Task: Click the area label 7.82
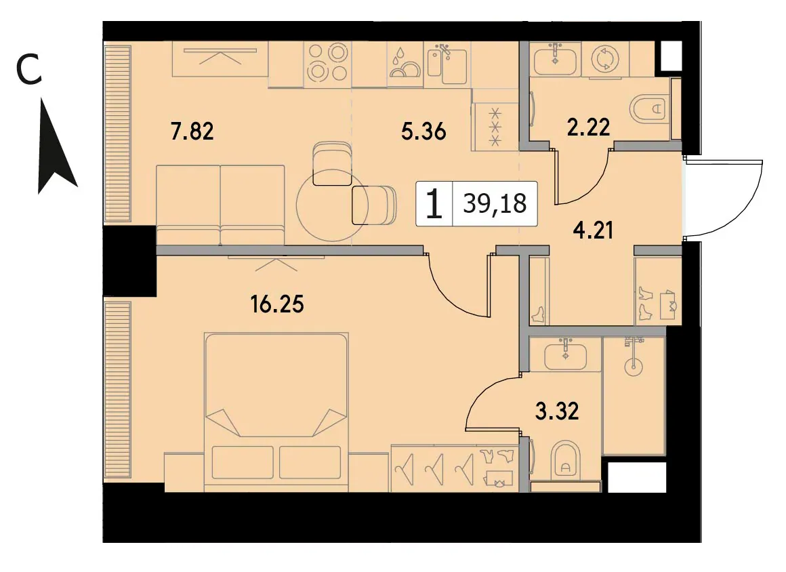tap(192, 131)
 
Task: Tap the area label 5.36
tap(423, 131)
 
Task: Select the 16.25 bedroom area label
tap(277, 304)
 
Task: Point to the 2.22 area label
tap(589, 127)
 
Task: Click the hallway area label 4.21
tap(593, 230)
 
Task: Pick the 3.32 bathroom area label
tap(557, 411)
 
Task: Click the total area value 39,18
tap(495, 203)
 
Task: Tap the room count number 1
tap(434, 204)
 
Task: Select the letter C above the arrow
tap(28, 70)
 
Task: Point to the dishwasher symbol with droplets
tap(405, 64)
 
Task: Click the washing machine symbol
tap(605, 59)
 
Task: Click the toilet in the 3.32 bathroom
tap(565, 460)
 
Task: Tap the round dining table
tap(332, 205)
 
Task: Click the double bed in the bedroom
tap(276, 411)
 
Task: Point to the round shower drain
tap(634, 367)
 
